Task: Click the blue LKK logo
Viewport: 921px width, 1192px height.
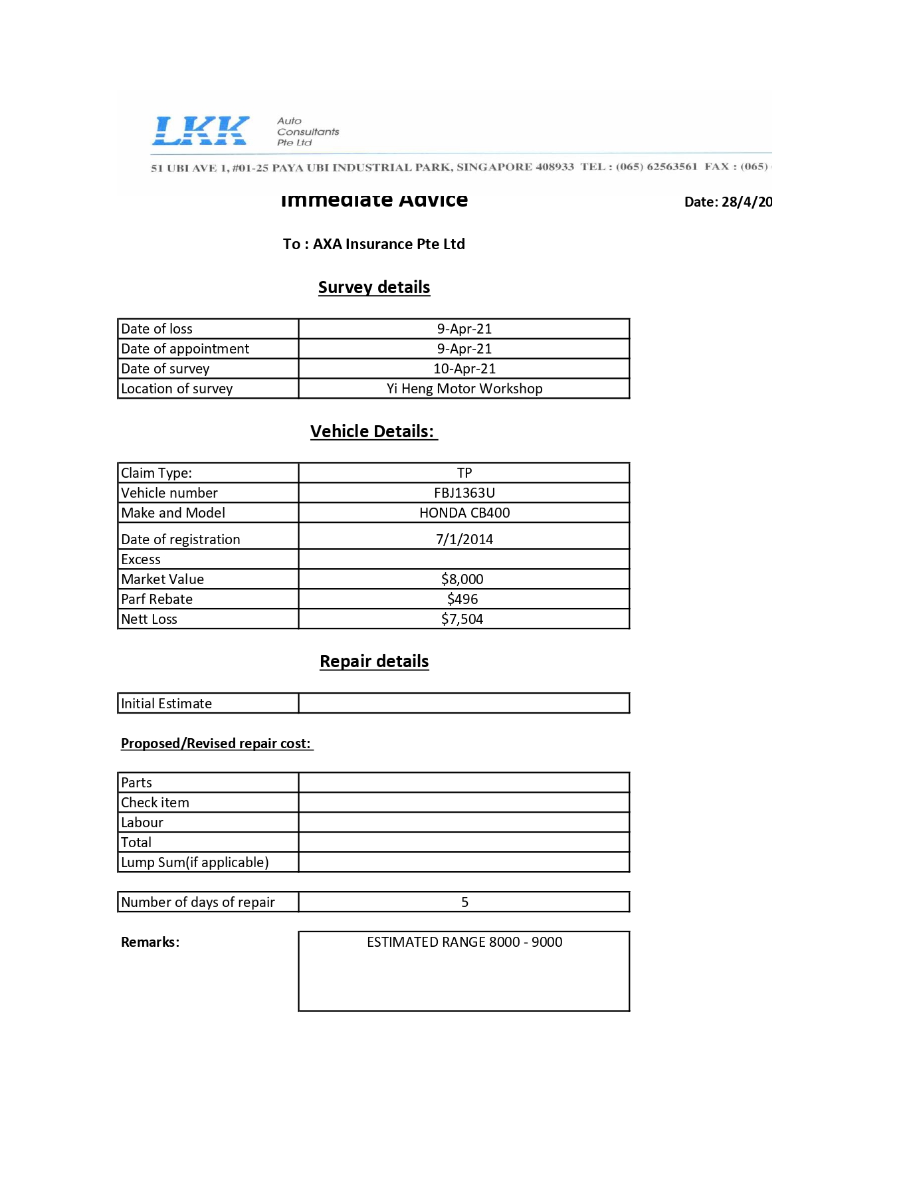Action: pyautogui.click(x=201, y=130)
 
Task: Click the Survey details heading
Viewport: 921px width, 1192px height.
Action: pyautogui.click(x=374, y=288)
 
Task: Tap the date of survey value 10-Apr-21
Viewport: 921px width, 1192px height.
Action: pyautogui.click(x=464, y=369)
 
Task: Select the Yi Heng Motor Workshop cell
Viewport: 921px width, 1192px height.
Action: pyautogui.click(x=464, y=389)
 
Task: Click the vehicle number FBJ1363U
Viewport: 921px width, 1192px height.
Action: pyautogui.click(x=464, y=493)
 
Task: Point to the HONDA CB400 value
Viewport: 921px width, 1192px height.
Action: pyautogui.click(x=464, y=513)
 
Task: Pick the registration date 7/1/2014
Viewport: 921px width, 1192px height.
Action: pyautogui.click(x=464, y=539)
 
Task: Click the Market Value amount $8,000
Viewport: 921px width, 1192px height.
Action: pyautogui.click(x=462, y=579)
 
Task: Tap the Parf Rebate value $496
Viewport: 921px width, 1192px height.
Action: pyautogui.click(x=462, y=599)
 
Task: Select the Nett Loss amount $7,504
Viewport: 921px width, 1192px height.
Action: pyautogui.click(x=462, y=619)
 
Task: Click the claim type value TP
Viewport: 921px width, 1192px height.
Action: pyautogui.click(x=464, y=473)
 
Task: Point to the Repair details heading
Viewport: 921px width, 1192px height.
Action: pyautogui.click(x=374, y=662)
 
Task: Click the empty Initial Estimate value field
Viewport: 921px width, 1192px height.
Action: pyautogui.click(x=464, y=704)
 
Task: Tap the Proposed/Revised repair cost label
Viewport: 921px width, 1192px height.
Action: pyautogui.click(x=217, y=744)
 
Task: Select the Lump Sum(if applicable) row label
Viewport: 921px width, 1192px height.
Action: pyautogui.click(x=195, y=862)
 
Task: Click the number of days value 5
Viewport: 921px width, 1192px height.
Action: pyautogui.click(x=464, y=902)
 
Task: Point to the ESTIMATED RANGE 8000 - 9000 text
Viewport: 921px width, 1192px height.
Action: pyautogui.click(x=464, y=942)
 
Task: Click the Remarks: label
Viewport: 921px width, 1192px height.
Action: pyautogui.click(x=150, y=942)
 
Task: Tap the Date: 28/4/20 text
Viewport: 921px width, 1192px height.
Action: pyautogui.click(x=728, y=202)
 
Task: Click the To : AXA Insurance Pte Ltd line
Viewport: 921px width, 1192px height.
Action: pyautogui.click(x=373, y=245)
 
